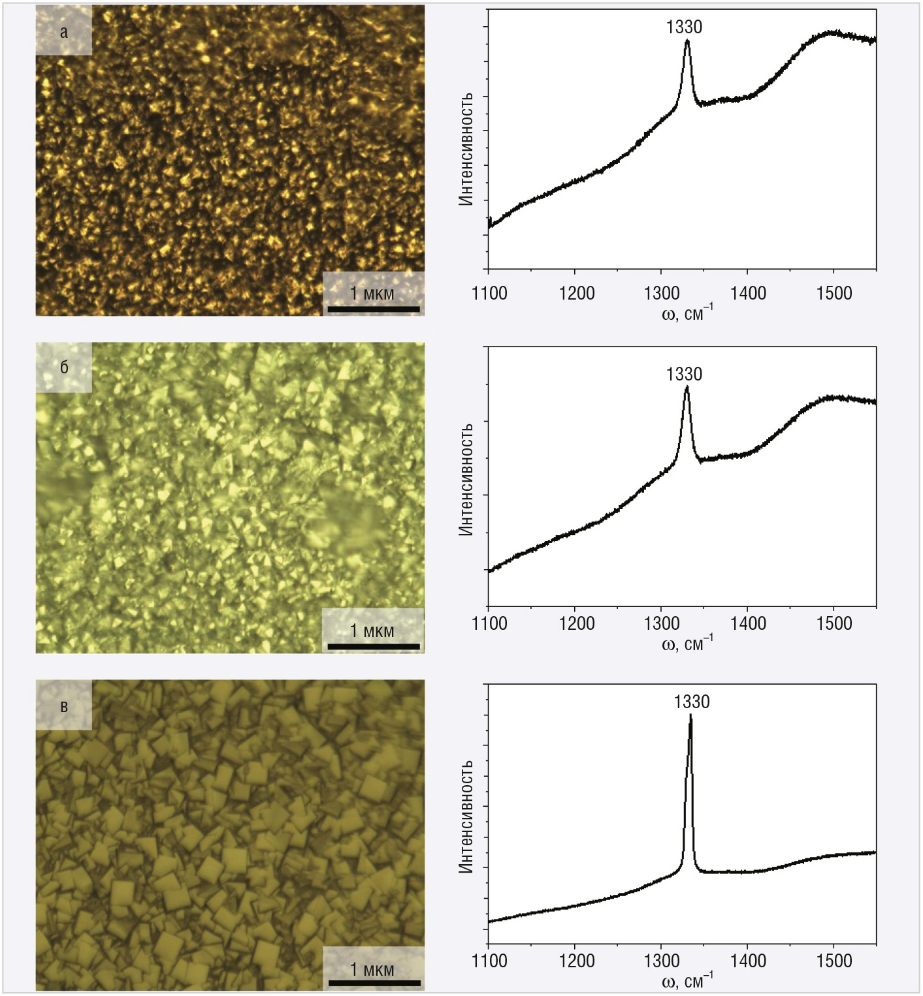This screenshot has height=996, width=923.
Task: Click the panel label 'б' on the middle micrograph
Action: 64,367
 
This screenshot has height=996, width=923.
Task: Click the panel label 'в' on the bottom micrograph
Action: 64,706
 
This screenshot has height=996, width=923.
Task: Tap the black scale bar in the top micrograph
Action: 374,309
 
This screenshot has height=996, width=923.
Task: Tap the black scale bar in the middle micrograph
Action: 374,646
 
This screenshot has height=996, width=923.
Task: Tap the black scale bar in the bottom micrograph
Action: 374,982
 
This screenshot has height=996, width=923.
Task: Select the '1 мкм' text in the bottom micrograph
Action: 372,969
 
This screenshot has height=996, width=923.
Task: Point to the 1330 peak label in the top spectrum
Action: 684,27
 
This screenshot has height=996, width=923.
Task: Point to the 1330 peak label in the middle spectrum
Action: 684,374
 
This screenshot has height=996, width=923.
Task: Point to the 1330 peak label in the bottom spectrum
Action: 692,702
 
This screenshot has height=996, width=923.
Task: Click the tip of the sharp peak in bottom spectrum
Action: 690,716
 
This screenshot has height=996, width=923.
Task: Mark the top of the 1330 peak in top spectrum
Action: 687,40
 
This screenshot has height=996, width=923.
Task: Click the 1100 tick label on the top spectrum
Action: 489,294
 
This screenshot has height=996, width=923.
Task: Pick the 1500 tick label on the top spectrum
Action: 834,294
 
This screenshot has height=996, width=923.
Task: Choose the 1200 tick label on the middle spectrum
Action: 576,623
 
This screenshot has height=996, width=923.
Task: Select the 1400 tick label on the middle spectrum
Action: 748,623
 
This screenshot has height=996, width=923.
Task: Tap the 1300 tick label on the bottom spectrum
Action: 662,961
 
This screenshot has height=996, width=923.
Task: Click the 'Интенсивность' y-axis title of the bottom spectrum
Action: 465,817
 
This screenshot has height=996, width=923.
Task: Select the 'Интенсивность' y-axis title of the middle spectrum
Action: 465,480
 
